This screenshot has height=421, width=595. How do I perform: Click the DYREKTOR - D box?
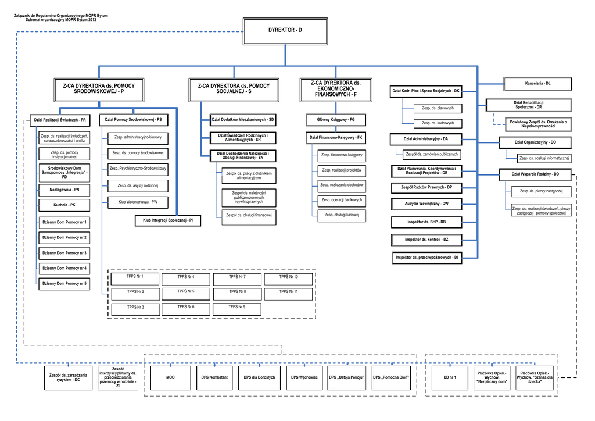pyautogui.click(x=285, y=30)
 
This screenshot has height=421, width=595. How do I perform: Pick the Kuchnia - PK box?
pyautogui.click(x=64, y=205)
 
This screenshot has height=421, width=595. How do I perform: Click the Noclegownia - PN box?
pyautogui.click(x=64, y=190)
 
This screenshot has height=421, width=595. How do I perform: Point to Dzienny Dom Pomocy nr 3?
pyautogui.click(x=64, y=254)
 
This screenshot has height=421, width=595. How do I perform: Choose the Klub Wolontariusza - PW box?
pyautogui.click(x=138, y=202)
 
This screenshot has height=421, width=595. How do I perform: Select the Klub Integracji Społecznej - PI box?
pyautogui.click(x=168, y=220)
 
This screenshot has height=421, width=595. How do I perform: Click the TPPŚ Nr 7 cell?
pyautogui.click(x=237, y=277)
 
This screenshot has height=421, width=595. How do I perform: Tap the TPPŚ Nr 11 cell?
pyautogui.click(x=288, y=291)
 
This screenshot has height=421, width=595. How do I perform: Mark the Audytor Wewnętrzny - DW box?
pyautogui.click(x=426, y=204)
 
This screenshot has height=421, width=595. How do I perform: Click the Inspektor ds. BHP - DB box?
pyautogui.click(x=426, y=222)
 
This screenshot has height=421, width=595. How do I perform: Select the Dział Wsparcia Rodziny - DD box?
pyautogui.click(x=535, y=174)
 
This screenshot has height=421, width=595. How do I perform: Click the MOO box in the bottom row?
pyautogui.click(x=170, y=377)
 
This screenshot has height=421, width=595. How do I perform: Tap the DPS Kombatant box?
pyautogui.click(x=214, y=377)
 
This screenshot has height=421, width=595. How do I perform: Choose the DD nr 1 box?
pyautogui.click(x=450, y=377)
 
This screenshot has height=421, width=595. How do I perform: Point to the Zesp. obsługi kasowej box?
pyautogui.click(x=342, y=215)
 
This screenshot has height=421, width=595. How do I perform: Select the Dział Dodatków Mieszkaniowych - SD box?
pyautogui.click(x=243, y=120)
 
